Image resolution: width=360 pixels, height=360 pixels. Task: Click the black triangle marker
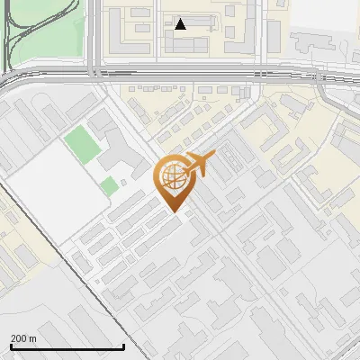(x=181, y=23)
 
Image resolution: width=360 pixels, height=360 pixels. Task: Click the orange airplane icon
(x=201, y=165)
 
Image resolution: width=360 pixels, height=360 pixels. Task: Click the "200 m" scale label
(x=23, y=337)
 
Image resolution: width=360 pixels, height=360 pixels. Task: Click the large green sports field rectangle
(x=80, y=144)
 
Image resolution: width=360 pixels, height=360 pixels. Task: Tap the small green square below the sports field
(x=108, y=186)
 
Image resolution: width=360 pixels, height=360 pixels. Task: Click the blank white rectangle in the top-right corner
(x=327, y=13)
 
